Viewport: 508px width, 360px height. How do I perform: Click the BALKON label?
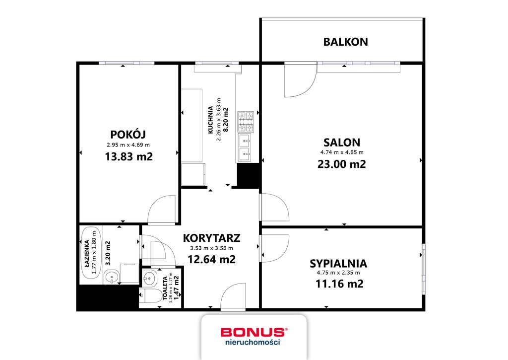pos(345,42)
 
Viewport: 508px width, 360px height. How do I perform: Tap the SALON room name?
pos(341,142)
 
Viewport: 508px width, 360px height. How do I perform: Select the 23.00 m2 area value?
pos(341,164)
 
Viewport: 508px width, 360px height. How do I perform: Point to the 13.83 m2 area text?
pos(128,156)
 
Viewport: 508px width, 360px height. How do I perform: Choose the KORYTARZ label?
pos(211,237)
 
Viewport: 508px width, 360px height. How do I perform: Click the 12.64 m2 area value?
pos(211,259)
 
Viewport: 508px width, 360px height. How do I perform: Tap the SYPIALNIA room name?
pos(338,263)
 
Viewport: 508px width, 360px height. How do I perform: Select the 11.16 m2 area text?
pos(339,284)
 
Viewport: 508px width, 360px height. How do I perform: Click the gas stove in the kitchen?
pos(246,121)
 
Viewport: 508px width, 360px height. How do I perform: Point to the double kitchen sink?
pos(246,148)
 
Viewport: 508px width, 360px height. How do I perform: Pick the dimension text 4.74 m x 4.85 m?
pos(341,152)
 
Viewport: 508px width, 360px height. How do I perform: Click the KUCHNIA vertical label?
pos(211,120)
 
